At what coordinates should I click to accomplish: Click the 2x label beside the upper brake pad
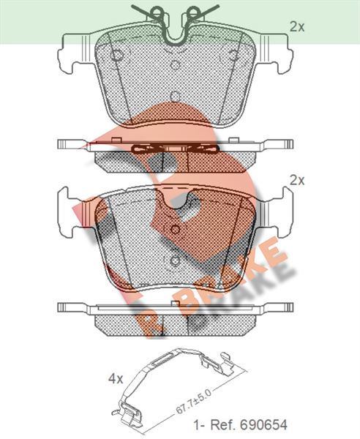[297, 27]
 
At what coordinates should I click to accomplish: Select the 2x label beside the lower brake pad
[297, 181]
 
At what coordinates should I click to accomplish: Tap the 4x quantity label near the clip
[116, 379]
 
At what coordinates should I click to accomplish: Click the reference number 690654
[263, 425]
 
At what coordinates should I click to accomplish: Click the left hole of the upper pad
[116, 55]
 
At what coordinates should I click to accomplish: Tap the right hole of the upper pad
[233, 55]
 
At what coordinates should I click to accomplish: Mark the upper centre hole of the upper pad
[175, 65]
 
